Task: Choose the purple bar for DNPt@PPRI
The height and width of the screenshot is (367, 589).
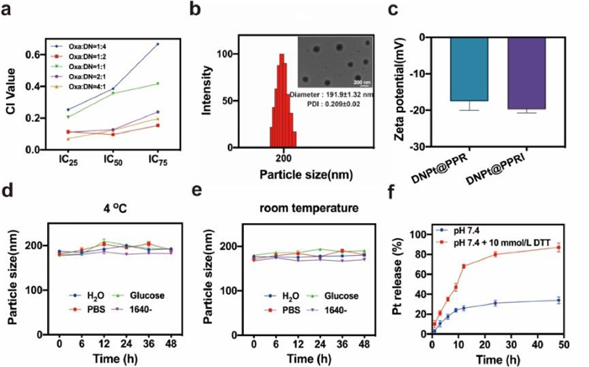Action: point(530,75)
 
